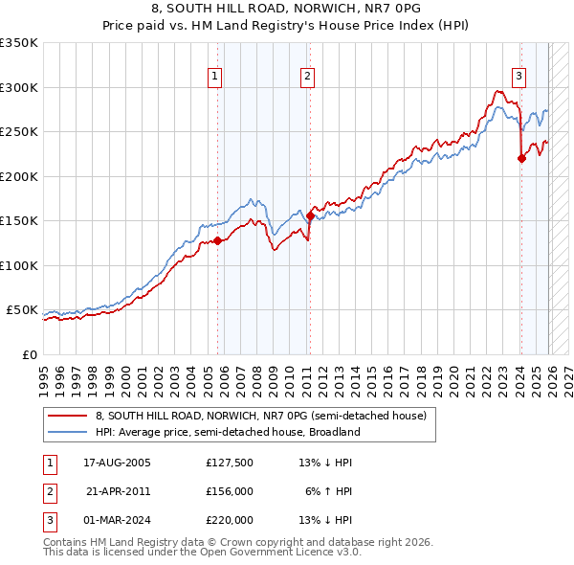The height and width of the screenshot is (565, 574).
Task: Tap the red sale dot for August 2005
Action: point(217,241)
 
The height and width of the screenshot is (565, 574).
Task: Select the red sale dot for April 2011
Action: point(310,215)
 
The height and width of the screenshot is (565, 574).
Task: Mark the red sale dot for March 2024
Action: point(521,159)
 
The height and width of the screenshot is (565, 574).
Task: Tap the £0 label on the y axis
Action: point(29,354)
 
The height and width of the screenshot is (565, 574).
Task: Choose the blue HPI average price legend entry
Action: point(227,432)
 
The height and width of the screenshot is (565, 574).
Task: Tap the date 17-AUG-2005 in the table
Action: point(118,463)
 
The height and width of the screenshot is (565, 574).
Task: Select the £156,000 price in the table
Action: point(230,491)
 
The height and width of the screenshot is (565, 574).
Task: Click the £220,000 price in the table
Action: point(230,520)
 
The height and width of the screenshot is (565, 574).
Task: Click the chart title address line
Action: point(287,8)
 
